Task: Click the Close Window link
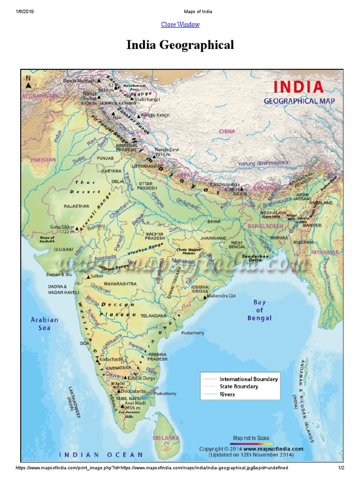point(180,24)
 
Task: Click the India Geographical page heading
point(180,45)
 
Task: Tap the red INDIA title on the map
point(298,87)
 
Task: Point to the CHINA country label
point(227,132)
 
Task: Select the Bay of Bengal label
point(259,310)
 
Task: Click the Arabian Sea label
point(45,323)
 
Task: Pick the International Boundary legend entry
point(248,379)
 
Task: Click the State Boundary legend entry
point(239,387)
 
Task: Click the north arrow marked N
point(29,82)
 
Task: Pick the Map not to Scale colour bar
point(252,443)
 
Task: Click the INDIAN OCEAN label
point(101,454)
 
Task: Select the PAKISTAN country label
point(44,160)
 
